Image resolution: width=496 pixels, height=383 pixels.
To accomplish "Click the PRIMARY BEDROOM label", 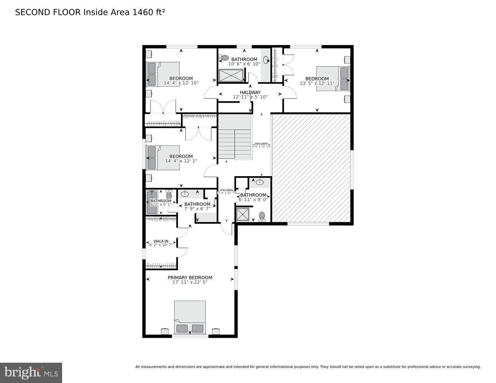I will [190, 278].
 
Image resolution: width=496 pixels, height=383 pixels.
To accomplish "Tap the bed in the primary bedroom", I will [190, 317].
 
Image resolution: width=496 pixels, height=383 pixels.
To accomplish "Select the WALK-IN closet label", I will [161, 241].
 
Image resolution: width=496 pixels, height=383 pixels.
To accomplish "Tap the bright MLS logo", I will [31, 373].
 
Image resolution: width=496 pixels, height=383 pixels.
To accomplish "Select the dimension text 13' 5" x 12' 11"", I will [317, 83].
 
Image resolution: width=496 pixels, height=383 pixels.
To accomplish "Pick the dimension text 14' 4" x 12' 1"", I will [181, 161].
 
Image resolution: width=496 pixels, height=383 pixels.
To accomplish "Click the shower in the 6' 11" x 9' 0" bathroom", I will [243, 214].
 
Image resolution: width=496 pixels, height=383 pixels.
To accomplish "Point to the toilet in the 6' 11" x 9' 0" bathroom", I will [262, 216].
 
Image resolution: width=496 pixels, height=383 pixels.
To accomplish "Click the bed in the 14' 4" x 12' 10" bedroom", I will [163, 74].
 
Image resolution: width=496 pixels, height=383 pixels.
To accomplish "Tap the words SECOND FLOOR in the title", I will [48, 12].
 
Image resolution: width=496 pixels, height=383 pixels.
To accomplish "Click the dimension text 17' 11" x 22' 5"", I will [190, 282].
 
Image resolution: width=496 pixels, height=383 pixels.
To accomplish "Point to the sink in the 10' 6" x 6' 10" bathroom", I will [266, 60].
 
